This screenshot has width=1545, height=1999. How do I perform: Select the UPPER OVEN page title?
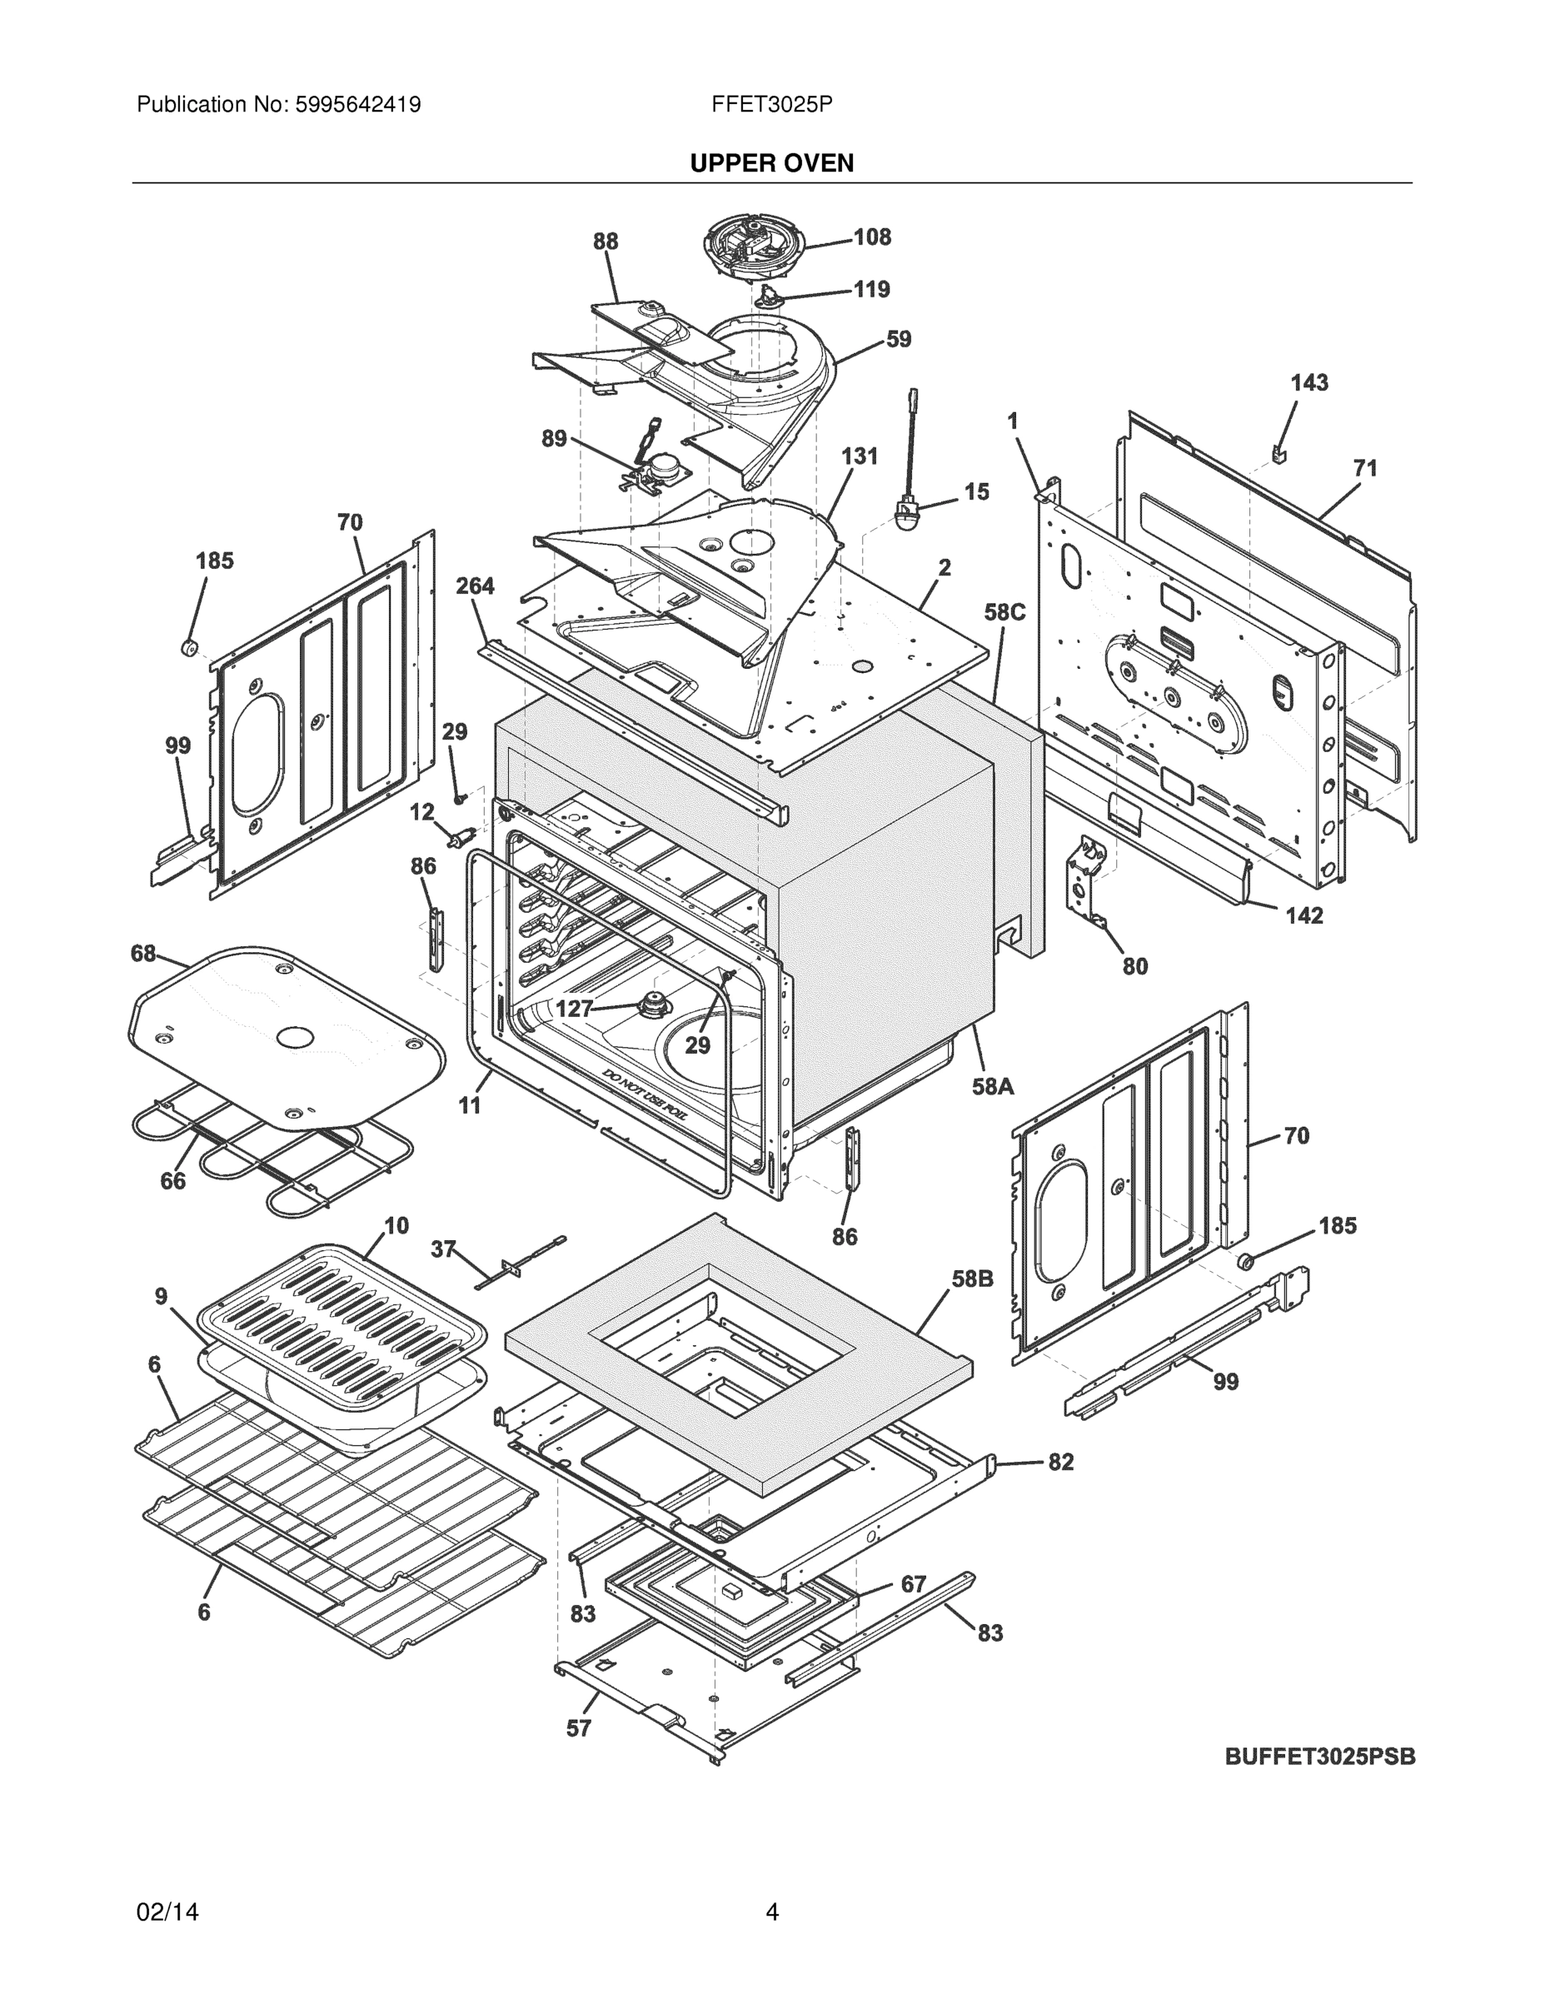pyautogui.click(x=771, y=163)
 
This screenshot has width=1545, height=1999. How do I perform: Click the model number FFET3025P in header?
pyautogui.click(x=771, y=104)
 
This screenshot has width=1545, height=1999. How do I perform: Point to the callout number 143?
pyautogui.click(x=1308, y=382)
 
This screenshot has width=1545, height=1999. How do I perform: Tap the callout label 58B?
pyautogui.click(x=972, y=1279)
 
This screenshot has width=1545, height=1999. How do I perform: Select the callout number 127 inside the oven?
pyautogui.click(x=575, y=1009)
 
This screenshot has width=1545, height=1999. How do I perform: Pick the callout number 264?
pyautogui.click(x=475, y=586)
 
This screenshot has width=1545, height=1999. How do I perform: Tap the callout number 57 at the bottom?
pyautogui.click(x=579, y=1728)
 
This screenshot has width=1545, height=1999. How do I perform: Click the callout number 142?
pyautogui.click(x=1303, y=915)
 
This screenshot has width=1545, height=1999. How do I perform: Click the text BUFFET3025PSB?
pyautogui.click(x=1320, y=1757)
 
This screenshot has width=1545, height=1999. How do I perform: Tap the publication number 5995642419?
pyautogui.click(x=357, y=104)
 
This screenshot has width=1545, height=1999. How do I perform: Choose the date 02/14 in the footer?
pyautogui.click(x=167, y=1912)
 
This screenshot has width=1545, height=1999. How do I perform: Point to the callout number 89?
pyautogui.click(x=554, y=438)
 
